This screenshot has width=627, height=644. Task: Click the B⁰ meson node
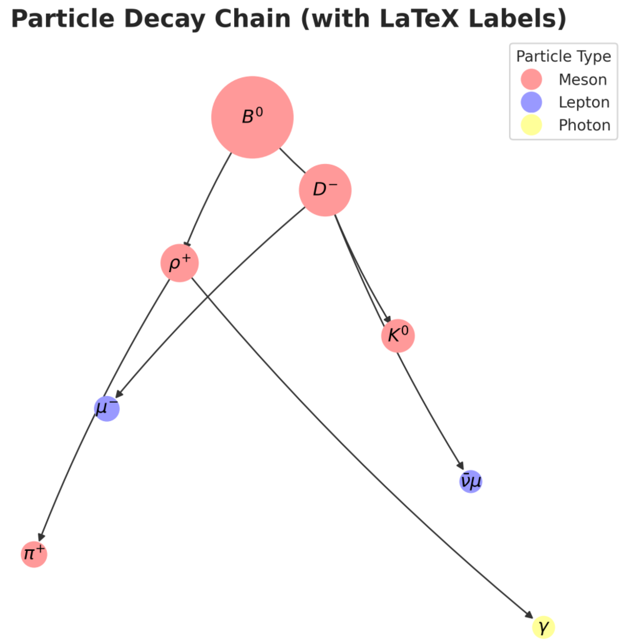click(252, 117)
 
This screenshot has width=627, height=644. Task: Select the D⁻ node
click(325, 190)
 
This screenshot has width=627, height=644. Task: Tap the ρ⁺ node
click(180, 263)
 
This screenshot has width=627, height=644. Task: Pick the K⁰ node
click(398, 336)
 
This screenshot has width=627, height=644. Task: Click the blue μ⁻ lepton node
click(107, 409)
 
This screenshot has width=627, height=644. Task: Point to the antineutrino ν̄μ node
click(471, 482)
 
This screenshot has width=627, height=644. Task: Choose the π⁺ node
click(34, 554)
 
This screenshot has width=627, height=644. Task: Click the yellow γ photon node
click(543, 627)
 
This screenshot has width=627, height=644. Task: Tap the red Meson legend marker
click(531, 79)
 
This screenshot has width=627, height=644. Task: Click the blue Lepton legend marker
click(531, 102)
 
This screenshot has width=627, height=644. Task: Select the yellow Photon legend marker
click(531, 125)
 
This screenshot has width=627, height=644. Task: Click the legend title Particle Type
click(563, 56)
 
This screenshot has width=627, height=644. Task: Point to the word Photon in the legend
click(585, 125)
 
